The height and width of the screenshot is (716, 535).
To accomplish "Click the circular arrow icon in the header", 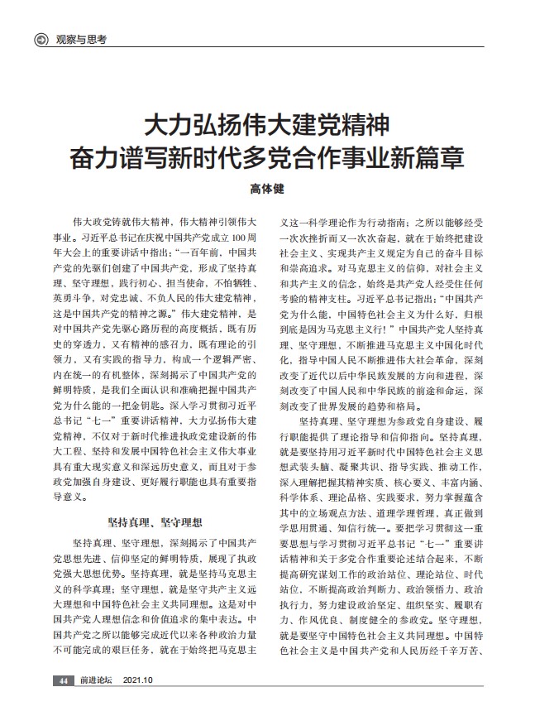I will [x=38, y=39].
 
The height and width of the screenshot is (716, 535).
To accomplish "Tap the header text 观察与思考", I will [x=82, y=39].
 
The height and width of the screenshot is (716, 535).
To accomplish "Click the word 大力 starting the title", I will [x=161, y=127].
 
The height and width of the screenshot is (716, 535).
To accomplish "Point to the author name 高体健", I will [x=266, y=189].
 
